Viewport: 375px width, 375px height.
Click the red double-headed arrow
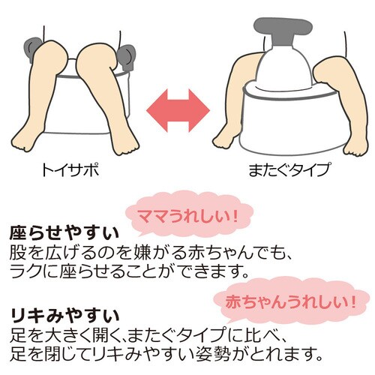(x=178, y=110)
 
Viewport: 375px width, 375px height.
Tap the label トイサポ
(x=70, y=170)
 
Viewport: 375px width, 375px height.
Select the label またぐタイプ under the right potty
(x=289, y=170)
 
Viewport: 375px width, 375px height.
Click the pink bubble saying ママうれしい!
(x=189, y=217)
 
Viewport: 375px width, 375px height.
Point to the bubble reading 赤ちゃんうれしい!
(x=291, y=301)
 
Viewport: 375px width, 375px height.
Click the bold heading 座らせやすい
(x=64, y=233)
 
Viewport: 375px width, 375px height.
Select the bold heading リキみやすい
(x=64, y=317)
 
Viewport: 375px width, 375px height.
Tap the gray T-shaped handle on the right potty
(x=283, y=31)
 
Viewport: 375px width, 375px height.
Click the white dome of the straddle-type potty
(x=284, y=67)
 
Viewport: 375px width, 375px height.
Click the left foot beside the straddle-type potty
(x=225, y=139)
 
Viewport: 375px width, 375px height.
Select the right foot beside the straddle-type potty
(x=355, y=145)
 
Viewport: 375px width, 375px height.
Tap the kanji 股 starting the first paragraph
(x=18, y=253)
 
